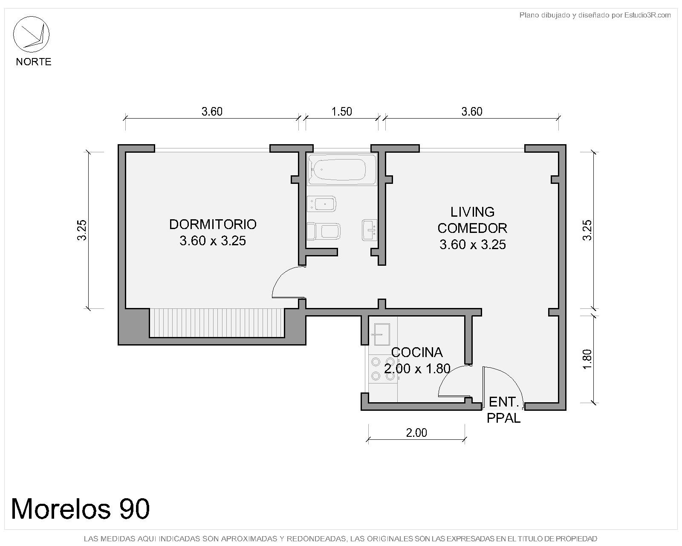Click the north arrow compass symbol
click(x=31, y=34)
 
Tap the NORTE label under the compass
click(x=34, y=61)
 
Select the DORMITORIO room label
click(x=213, y=224)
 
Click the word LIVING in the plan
click(x=472, y=212)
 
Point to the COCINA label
click(x=417, y=352)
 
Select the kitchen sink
click(x=381, y=334)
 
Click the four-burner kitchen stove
click(x=383, y=369)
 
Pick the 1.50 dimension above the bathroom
click(x=341, y=112)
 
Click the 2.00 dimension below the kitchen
click(x=416, y=433)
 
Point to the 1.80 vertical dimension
click(x=587, y=359)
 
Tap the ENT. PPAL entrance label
click(x=503, y=410)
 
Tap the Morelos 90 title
click(x=80, y=509)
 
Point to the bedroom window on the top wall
click(x=212, y=149)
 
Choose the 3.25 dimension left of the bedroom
click(x=81, y=230)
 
